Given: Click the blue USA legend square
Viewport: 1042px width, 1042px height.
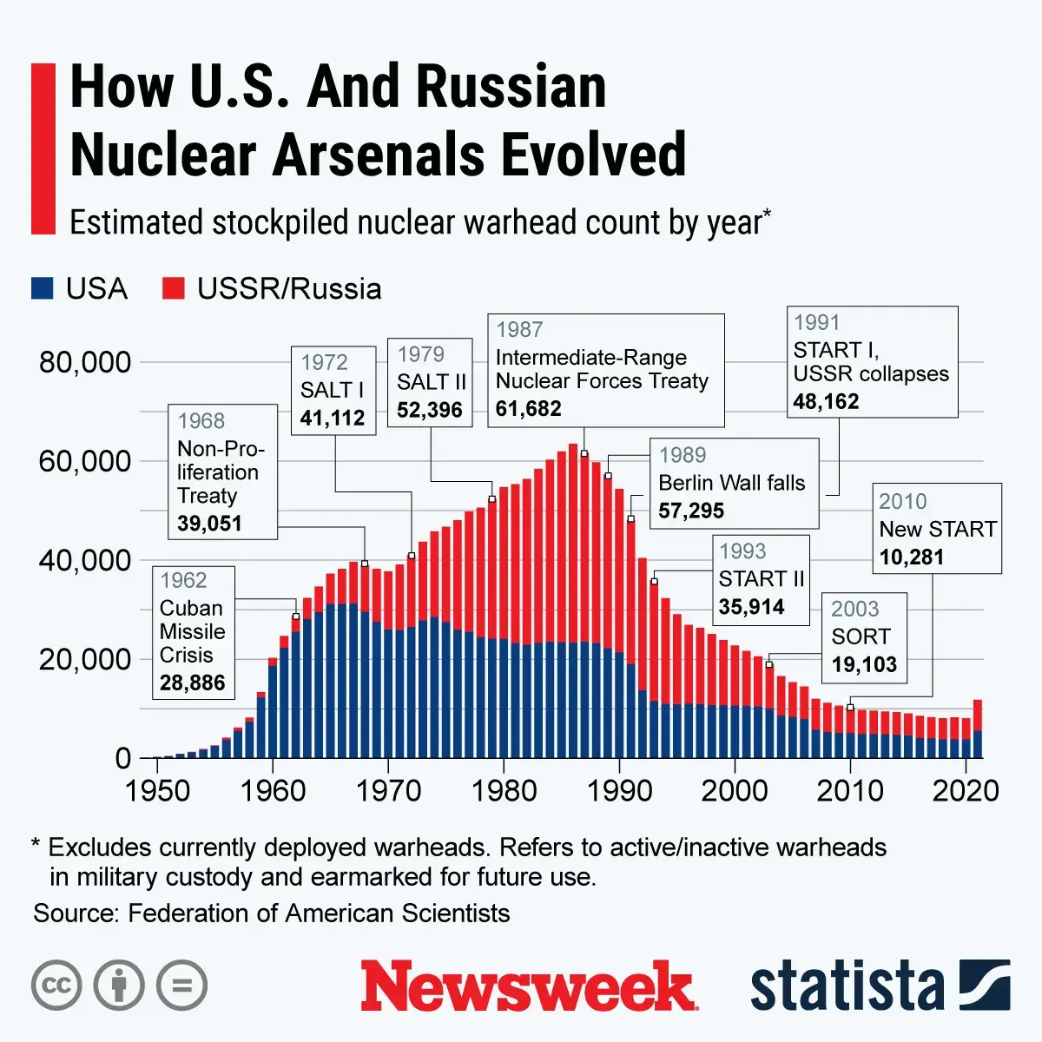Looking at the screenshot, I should (x=43, y=288).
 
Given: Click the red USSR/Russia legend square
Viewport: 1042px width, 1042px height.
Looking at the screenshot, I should (x=174, y=288).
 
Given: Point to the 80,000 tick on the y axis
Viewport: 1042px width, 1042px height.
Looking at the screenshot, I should (x=84, y=362).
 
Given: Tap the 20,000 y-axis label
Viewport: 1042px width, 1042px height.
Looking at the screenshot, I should (x=84, y=660).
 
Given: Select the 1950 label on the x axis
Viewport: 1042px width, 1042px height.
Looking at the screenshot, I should (x=157, y=791).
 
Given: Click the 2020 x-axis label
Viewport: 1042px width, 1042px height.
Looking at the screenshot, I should (x=966, y=791).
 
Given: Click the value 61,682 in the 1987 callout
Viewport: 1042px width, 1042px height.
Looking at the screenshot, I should (x=529, y=408).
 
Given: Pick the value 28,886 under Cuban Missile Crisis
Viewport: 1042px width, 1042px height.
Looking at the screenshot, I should (x=192, y=683).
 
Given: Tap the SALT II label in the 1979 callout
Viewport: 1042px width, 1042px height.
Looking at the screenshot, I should (x=431, y=383).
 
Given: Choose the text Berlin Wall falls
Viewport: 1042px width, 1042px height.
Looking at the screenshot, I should (x=732, y=483).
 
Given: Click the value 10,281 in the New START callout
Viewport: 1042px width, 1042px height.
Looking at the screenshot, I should (x=911, y=557).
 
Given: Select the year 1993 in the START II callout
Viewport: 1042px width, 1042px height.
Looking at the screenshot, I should (x=742, y=551).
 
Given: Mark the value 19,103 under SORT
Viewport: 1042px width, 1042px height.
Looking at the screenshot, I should (x=863, y=664).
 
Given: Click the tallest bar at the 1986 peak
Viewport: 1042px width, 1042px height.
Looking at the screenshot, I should (x=573, y=599).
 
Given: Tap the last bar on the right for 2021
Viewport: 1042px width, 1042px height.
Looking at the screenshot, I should (x=978, y=729).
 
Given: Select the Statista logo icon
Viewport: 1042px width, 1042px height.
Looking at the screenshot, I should (x=985, y=986).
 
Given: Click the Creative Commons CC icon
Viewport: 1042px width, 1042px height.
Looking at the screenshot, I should (x=56, y=986).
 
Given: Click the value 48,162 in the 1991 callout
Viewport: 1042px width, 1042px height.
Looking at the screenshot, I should (x=826, y=401).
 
